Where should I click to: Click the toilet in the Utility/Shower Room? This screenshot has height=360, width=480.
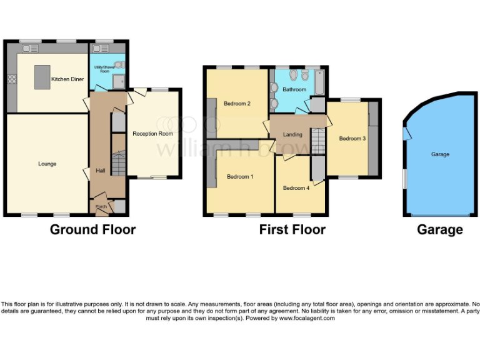click(x=119, y=64)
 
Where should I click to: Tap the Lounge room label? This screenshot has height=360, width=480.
click(x=47, y=164)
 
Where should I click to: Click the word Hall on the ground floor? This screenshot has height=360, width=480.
click(x=100, y=170)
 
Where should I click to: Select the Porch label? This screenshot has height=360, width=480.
click(x=100, y=207)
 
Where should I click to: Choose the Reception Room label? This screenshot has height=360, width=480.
click(x=152, y=134)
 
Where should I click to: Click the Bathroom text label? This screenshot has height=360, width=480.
click(x=294, y=89)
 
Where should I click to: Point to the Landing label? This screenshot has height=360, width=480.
click(x=292, y=134)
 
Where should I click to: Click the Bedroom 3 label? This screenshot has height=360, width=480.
click(x=352, y=139)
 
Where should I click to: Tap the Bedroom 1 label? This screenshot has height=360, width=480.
click(x=240, y=177)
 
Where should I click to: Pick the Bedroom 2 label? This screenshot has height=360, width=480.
click(x=237, y=104)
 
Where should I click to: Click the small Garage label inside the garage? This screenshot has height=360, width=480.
click(x=440, y=154)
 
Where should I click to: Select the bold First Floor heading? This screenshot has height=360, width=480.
click(x=292, y=229)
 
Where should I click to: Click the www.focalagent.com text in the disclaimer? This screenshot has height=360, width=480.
click(x=307, y=318)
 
